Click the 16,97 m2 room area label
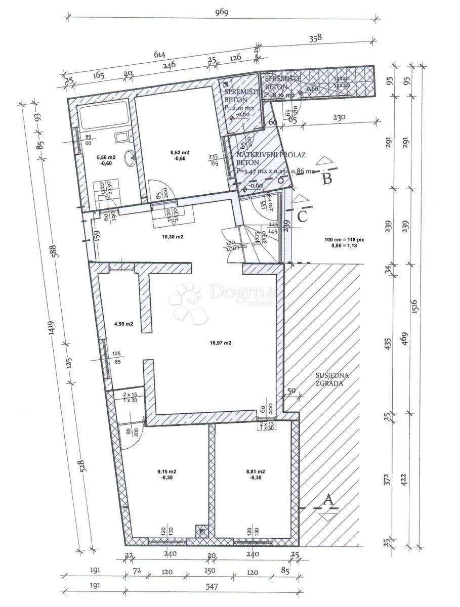coord(220,342)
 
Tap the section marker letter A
coord(328,500)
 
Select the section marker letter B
coord(327,178)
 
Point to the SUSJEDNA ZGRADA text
coord(332,379)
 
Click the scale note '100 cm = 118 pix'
coord(342,240)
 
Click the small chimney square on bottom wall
coord(202,531)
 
